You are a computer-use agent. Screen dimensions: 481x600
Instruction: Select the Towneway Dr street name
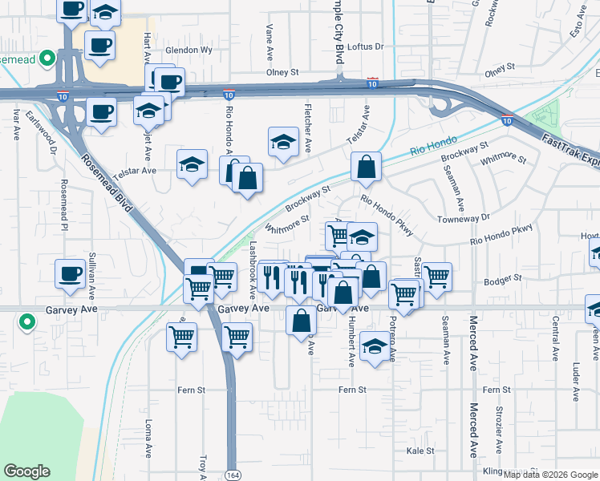click(x=463, y=218)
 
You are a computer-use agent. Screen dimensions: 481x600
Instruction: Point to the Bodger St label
click(x=503, y=278)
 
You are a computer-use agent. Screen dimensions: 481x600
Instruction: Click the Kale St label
click(x=420, y=451)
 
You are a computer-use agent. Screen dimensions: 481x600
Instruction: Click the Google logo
click(x=26, y=471)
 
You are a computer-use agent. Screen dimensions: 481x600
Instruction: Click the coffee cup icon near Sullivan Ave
click(x=70, y=273)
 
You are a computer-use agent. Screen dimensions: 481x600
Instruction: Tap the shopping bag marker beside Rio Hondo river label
click(x=366, y=168)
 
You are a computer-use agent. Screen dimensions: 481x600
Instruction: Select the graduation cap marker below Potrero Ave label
click(x=374, y=346)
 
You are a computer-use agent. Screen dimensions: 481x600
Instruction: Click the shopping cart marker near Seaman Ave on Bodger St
click(x=437, y=277)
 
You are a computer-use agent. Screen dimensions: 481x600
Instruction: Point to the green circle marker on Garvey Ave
click(x=27, y=323)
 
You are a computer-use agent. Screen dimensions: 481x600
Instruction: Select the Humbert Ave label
click(x=351, y=342)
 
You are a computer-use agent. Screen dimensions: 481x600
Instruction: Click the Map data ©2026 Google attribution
click(x=550, y=475)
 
